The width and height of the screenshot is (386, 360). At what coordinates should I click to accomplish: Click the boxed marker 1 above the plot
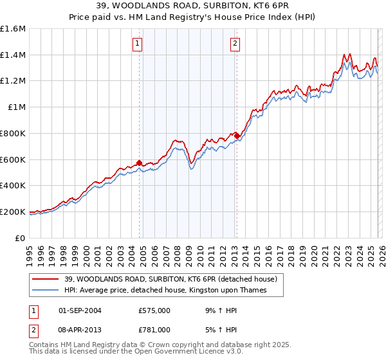click(x=138, y=44)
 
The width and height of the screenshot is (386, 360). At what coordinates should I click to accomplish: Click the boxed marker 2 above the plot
click(x=235, y=44)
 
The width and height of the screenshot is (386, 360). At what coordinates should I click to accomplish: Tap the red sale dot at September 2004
click(x=139, y=163)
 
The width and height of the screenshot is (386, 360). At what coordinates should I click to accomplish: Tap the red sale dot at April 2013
click(x=237, y=136)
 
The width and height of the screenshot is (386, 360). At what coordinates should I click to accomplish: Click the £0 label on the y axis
click(x=21, y=238)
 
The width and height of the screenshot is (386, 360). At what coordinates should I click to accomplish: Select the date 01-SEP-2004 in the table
click(x=80, y=310)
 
